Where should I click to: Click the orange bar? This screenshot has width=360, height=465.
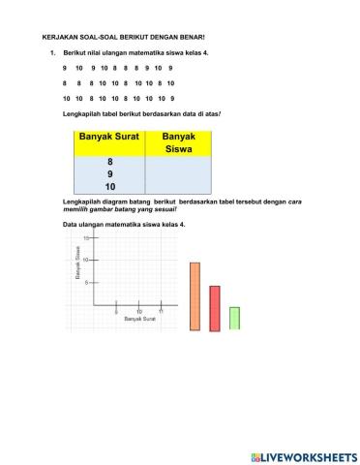click(195, 295)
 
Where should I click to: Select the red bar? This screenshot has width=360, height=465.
click(215, 308)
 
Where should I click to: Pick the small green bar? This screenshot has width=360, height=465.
click(234, 318)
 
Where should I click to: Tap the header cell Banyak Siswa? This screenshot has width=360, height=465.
click(179, 143)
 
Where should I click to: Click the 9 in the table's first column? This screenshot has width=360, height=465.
click(108, 174)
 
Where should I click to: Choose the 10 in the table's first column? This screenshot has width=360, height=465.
click(108, 186)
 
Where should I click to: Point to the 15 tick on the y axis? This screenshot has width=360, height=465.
click(85, 238)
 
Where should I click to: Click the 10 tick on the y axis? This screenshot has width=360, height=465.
click(85, 260)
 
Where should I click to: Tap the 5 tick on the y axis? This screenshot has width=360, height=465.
click(87, 282)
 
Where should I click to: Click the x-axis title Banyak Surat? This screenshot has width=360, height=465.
click(139, 319)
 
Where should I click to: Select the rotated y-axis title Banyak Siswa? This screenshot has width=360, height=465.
click(77, 264)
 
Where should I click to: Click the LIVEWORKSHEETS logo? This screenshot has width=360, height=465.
click(304, 455)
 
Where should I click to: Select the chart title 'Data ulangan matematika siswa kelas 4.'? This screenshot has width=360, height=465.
click(123, 225)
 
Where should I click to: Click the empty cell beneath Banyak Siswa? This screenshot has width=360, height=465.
click(179, 174)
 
